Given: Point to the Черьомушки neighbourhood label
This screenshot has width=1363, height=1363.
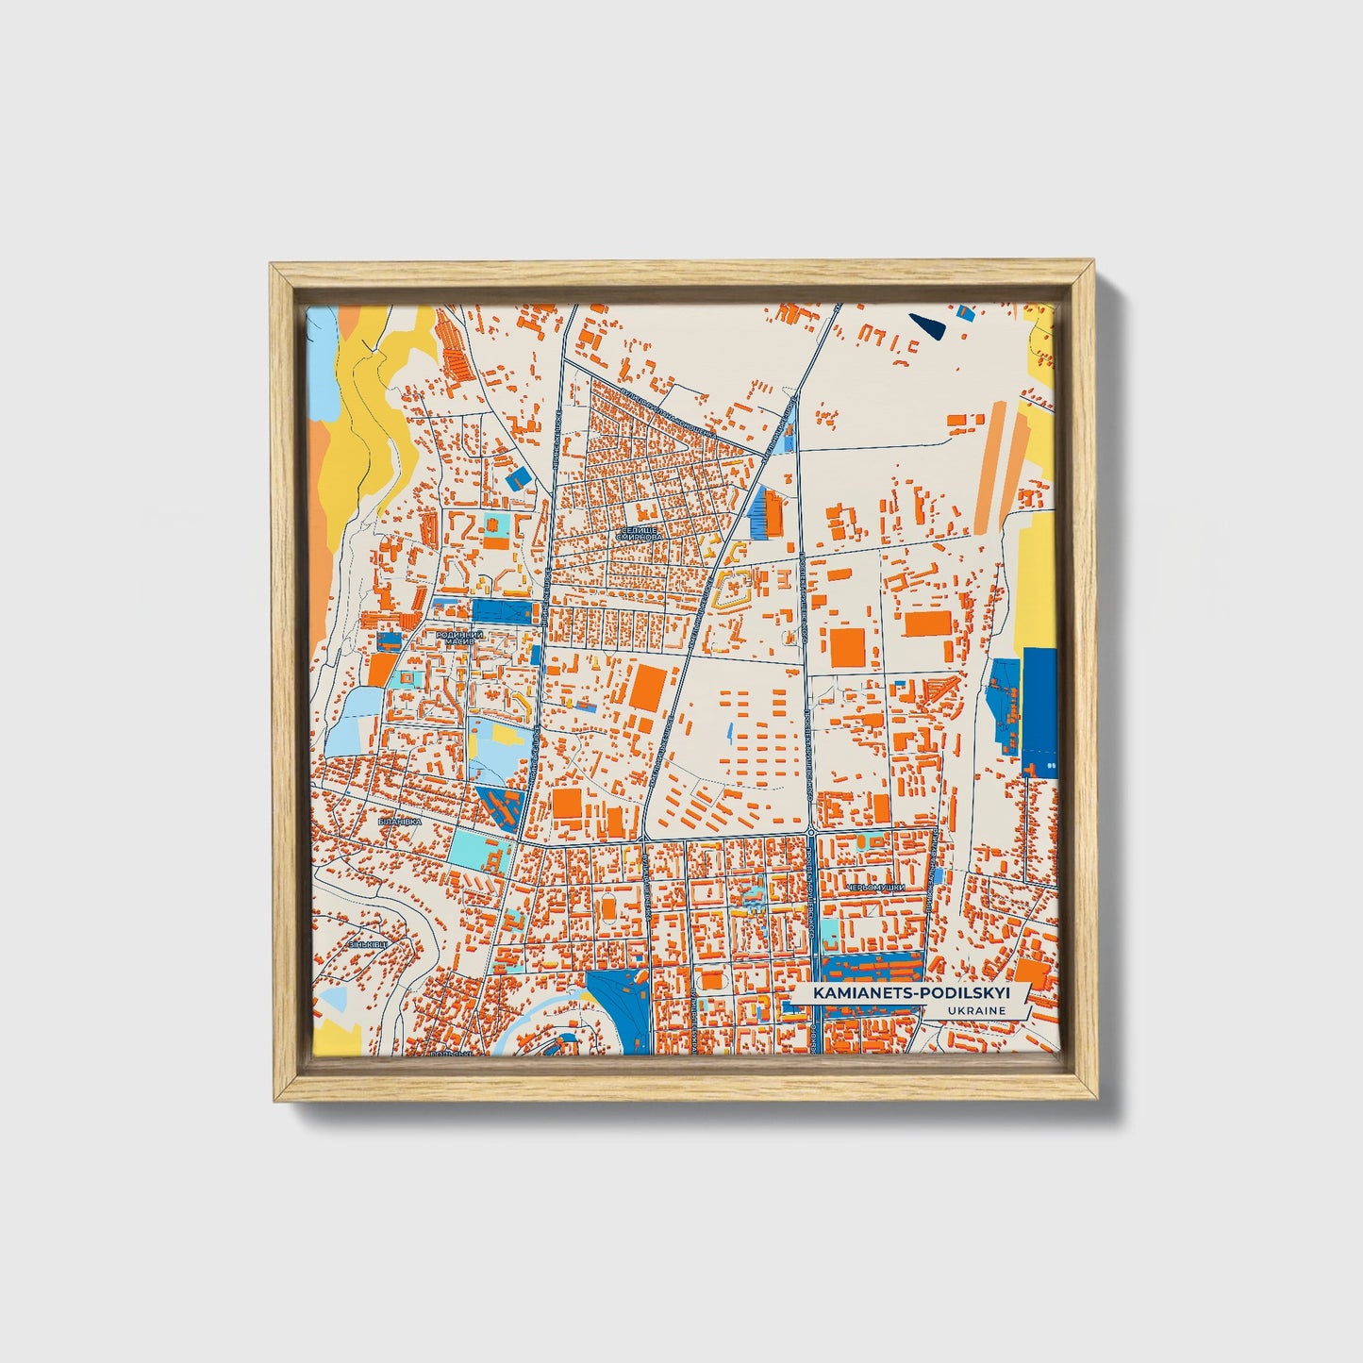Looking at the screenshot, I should click(876, 888).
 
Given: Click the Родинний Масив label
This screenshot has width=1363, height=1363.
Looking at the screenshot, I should click(459, 638).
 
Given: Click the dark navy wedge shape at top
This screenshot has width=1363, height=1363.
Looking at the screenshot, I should click(929, 325).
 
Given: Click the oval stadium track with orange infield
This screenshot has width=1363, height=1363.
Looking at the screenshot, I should click(609, 907).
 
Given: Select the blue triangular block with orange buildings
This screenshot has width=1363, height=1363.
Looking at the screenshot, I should click(500, 806).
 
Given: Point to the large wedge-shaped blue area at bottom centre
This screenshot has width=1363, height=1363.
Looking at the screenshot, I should click(619, 1009).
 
